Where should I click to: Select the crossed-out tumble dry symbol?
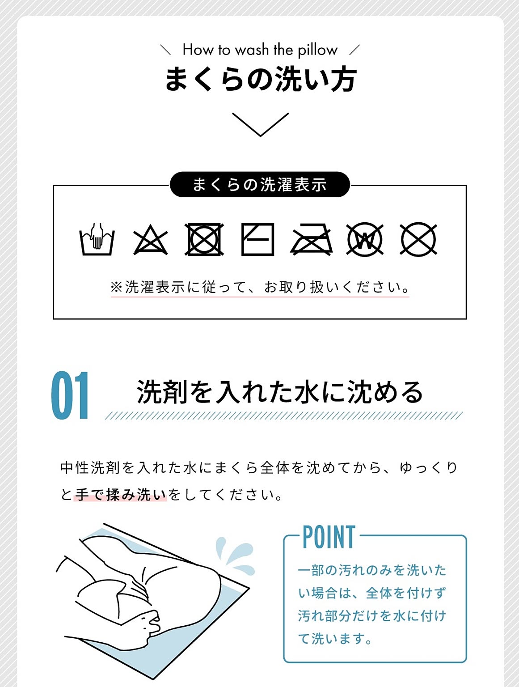204,239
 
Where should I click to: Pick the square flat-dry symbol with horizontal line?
258,239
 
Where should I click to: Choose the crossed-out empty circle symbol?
418,239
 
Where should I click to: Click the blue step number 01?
70,395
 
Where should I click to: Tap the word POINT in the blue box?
329,537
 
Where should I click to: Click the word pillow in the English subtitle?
317,51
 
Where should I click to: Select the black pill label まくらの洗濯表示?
260,184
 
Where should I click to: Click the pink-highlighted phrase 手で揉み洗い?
120,495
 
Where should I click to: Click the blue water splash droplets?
235,555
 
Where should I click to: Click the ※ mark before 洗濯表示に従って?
116,287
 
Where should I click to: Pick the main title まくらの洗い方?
261,79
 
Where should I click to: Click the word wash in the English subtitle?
252,50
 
